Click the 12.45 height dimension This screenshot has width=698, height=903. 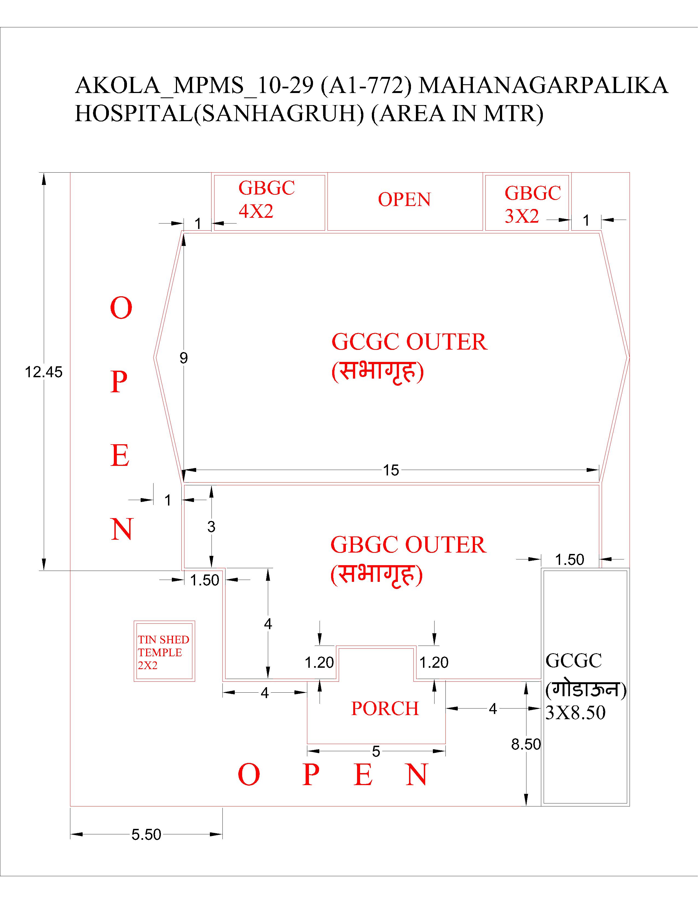click(44, 372)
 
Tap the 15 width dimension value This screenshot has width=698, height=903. click(391, 470)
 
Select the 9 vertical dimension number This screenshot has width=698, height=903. click(184, 358)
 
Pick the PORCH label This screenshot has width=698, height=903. click(385, 709)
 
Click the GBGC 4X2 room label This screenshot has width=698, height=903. click(266, 199)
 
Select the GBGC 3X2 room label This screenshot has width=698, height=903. click(532, 204)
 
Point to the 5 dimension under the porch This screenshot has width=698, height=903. click(376, 751)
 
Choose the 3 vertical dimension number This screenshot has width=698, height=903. click(211, 527)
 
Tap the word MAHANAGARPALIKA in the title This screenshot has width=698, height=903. click(543, 86)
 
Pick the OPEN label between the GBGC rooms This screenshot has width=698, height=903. click(404, 199)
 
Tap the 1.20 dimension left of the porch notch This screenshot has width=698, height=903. click(319, 662)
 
